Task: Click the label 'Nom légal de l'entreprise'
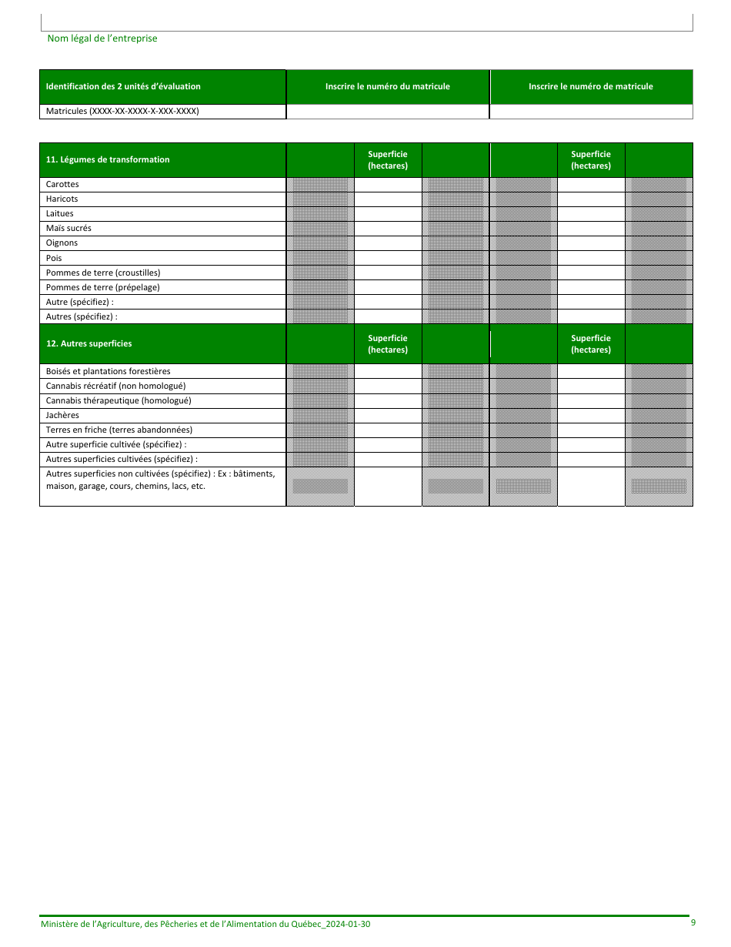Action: [x=102, y=38]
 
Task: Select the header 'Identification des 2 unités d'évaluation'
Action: [x=123, y=86]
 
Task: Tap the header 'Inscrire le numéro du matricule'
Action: [x=387, y=86]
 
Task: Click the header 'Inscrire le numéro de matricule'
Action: [x=590, y=86]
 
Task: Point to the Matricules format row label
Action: [x=122, y=111]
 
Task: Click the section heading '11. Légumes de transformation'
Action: [x=108, y=159]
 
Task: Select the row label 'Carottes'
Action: [x=62, y=184]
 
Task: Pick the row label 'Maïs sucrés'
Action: [x=68, y=228]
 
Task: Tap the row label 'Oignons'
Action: [x=62, y=243]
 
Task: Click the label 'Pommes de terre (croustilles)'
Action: [x=103, y=272]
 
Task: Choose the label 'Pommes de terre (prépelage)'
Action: [x=102, y=286]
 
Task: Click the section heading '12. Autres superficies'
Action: [x=88, y=343]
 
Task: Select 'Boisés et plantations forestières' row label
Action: [x=108, y=371]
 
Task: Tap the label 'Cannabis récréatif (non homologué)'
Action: [x=115, y=386]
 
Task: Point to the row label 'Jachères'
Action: [x=62, y=415]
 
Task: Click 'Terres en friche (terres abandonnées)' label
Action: [x=119, y=430]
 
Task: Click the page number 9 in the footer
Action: [x=693, y=922]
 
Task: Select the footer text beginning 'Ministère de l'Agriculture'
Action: [x=205, y=924]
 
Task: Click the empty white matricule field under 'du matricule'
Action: [x=387, y=112]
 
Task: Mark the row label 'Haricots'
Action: [x=62, y=199]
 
